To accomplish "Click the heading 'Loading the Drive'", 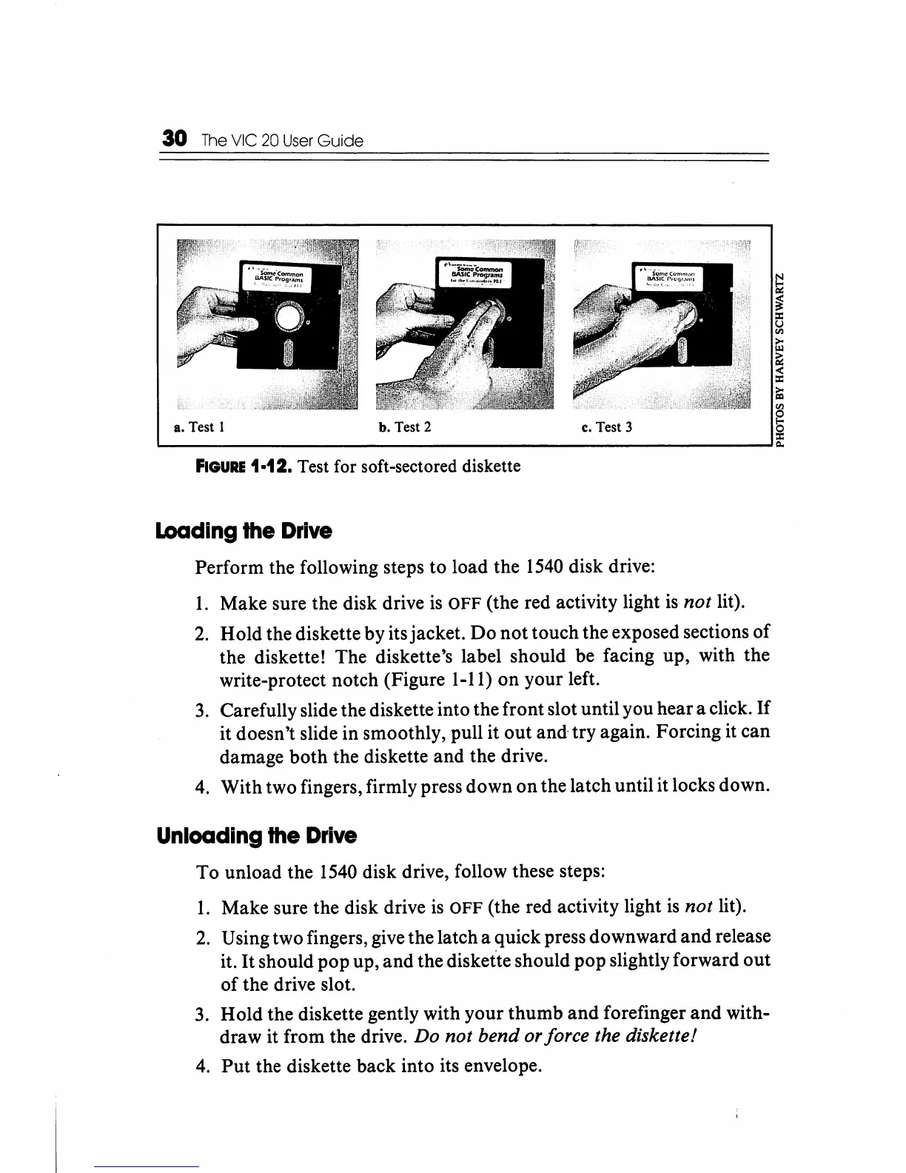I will coord(244,532).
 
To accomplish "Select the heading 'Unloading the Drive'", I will coord(257,836).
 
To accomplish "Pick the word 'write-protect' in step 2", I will coord(267,680).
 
